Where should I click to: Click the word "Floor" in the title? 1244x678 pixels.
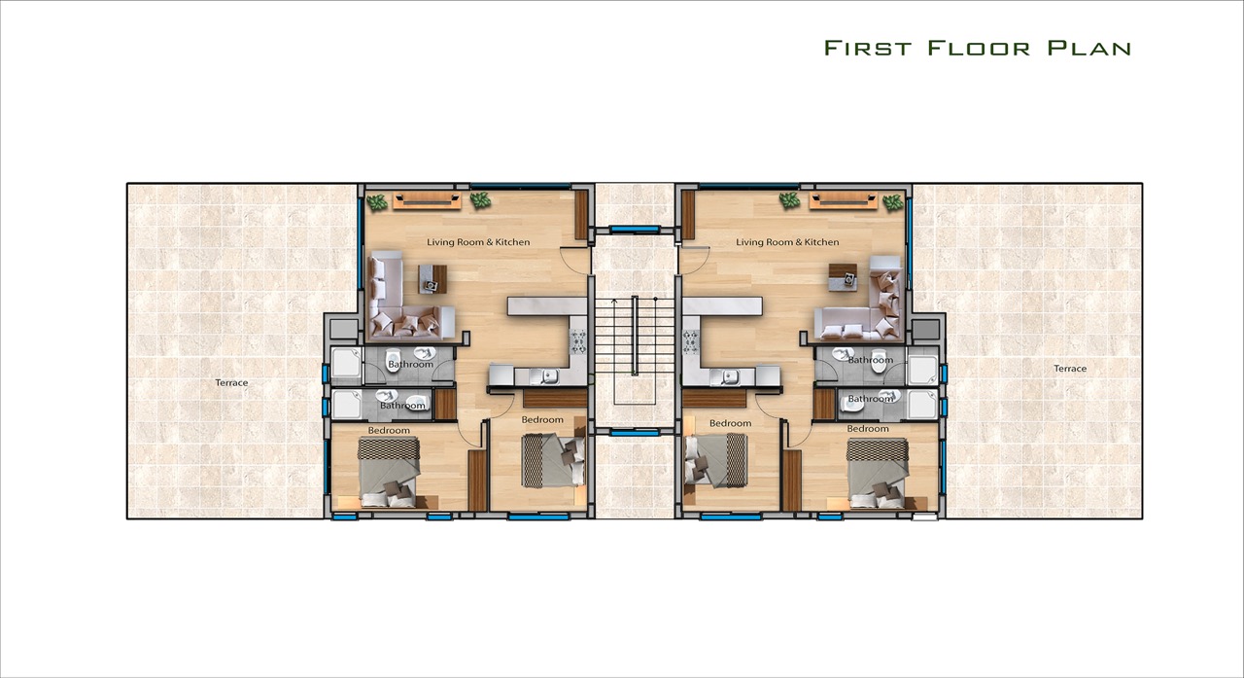coord(979,48)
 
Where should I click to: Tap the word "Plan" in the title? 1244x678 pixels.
coord(1089,48)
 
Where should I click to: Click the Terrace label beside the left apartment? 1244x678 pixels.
coord(231,383)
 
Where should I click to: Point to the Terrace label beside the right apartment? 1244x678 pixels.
coord(1070,369)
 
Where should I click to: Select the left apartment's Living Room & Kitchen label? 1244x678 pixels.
coord(478,242)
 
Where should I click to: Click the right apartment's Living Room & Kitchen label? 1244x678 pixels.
coord(787,242)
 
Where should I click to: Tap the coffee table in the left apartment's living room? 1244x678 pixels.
coord(432,279)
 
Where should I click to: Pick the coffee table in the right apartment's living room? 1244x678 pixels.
coord(843,277)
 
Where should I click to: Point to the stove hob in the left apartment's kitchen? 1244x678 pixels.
coord(577,341)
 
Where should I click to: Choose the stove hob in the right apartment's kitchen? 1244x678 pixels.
coord(691,341)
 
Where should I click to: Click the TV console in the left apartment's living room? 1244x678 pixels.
coord(427,200)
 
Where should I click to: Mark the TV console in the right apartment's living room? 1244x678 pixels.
coord(843,200)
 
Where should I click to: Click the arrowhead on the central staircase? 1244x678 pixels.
coord(614,302)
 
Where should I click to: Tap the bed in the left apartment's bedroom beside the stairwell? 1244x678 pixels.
coord(554,461)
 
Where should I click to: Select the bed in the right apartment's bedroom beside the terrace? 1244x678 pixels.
coord(878,473)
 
